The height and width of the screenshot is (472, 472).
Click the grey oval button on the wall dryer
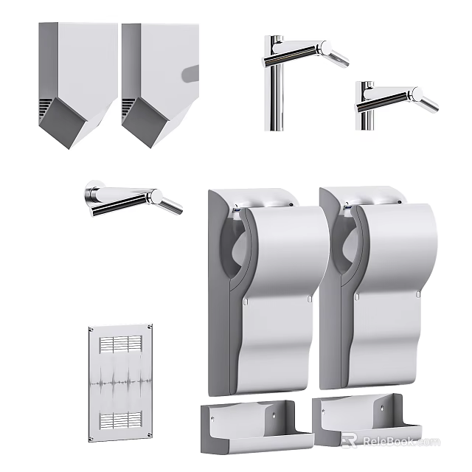coord(191,73)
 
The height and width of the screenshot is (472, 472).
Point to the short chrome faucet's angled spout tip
coord(426,101)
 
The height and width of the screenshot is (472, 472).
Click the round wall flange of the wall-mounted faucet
coord(92,195)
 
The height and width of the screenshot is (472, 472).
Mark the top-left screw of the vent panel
coord(91,330)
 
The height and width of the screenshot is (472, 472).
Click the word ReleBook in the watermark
coord(399,442)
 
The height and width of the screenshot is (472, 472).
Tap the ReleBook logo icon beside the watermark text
coord(349,441)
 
